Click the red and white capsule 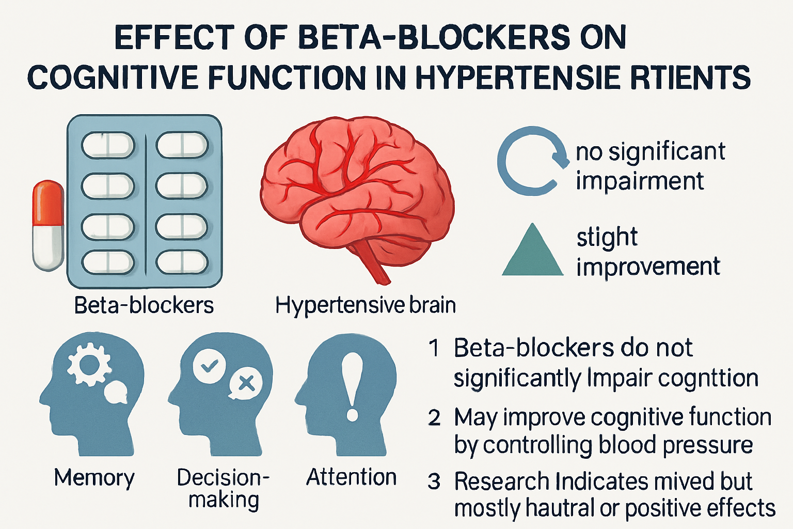coord(48,225)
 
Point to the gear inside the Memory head coord(89,365)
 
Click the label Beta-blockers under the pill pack coord(144,305)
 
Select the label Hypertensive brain coord(366,305)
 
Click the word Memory coord(94,478)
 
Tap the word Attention coord(351,477)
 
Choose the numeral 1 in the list coord(435,349)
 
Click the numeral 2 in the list coord(434,417)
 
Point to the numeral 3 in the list coord(434,482)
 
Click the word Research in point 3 coord(501,481)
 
